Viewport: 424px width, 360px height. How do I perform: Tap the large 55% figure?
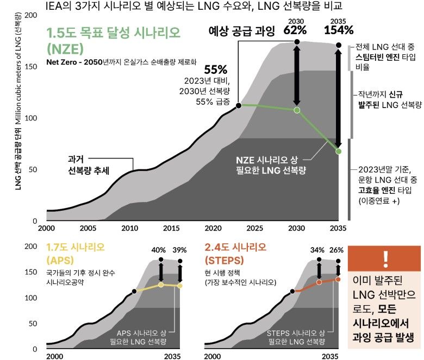(x=215, y=70)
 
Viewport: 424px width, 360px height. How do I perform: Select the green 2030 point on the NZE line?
(x=297, y=110)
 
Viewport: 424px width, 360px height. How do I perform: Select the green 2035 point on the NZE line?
(x=339, y=151)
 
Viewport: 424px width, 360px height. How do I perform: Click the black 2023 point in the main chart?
(x=239, y=105)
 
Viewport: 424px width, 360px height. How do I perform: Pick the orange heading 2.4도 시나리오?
(x=236, y=248)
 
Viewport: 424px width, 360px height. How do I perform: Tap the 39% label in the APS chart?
(x=180, y=250)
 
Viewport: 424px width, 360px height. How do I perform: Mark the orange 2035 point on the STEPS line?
(x=339, y=279)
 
